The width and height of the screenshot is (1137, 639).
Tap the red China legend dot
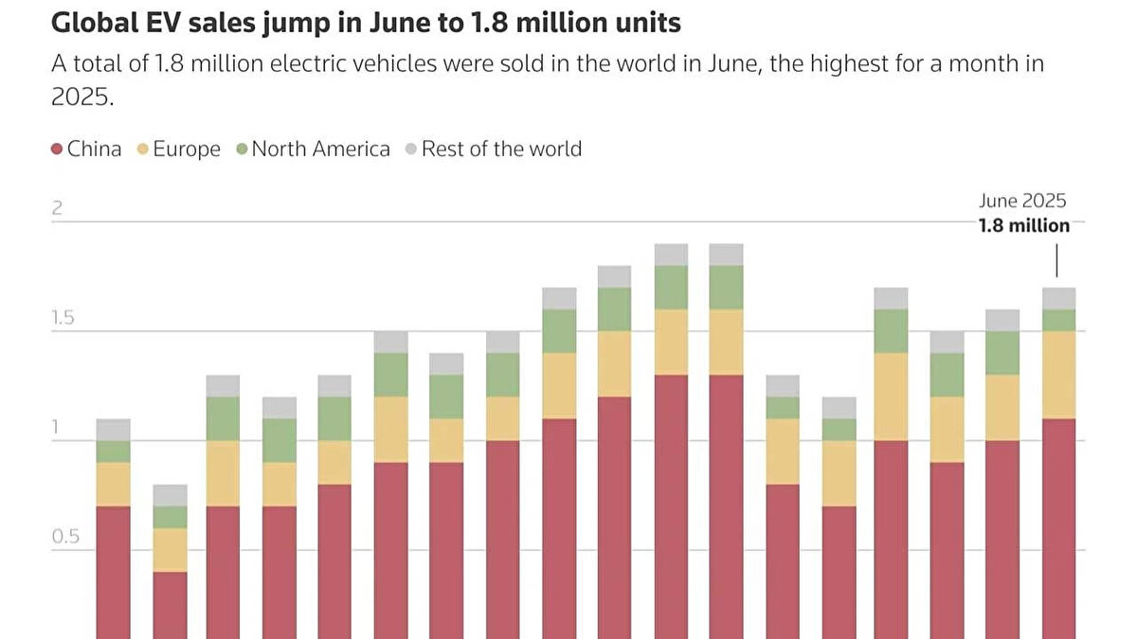[x=57, y=150]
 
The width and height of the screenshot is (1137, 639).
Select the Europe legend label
[x=187, y=150]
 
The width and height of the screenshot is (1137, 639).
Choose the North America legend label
[x=320, y=150]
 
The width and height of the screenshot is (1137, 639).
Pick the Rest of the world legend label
[x=501, y=150]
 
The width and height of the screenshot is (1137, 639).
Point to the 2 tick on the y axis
[x=57, y=208]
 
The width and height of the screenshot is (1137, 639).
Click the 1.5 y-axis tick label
[x=63, y=318]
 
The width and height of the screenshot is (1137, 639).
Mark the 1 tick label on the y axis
[x=56, y=427]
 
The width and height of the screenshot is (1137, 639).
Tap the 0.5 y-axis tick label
[x=64, y=537]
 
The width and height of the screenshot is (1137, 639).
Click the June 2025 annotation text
[x=1022, y=201]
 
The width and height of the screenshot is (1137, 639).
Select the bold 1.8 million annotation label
[x=1024, y=225]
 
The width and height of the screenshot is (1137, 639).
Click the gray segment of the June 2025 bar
[x=1058, y=298]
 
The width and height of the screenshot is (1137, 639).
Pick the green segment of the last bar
[x=1058, y=320]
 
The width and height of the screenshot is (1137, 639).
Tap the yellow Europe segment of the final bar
[x=1058, y=375]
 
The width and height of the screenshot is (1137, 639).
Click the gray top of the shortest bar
[x=170, y=495]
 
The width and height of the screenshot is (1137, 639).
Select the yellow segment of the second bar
[x=170, y=550]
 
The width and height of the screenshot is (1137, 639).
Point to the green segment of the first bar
[x=114, y=452]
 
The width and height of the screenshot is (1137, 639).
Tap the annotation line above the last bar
[x=1057, y=260]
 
